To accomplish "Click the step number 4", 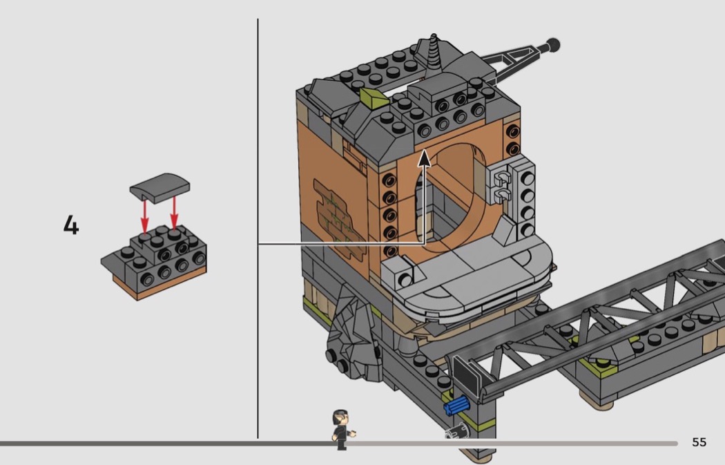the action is coord(71,225).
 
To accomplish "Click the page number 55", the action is coord(699,442).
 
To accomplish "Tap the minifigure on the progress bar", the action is coord(342,429).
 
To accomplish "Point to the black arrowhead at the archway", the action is coord(424,158).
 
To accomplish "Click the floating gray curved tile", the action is coord(160,187).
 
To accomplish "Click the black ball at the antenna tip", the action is coord(552,46).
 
